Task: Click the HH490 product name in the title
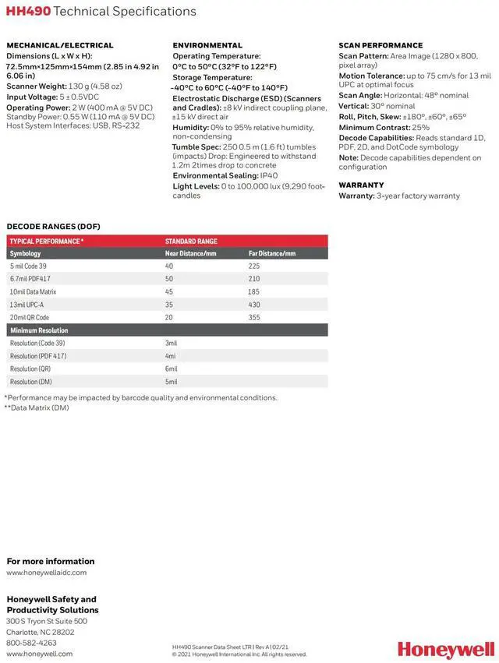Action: (27, 12)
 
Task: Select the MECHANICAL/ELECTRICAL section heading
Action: (60, 45)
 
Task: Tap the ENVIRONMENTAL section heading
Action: (207, 45)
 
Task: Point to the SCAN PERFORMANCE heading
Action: (380, 45)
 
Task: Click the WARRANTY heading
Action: (361, 185)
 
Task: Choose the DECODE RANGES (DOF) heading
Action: (53, 227)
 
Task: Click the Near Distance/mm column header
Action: (190, 254)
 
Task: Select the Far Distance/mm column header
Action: (272, 254)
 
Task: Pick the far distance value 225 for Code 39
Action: (254, 266)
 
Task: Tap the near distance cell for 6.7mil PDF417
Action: (169, 279)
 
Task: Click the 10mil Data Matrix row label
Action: (33, 291)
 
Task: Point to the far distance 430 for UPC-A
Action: (254, 305)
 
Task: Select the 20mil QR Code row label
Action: (30, 317)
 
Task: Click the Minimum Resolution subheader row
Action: (39, 330)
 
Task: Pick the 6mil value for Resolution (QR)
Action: (172, 369)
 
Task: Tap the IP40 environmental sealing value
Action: (269, 175)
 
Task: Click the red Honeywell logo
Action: (445, 650)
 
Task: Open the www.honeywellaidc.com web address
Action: (47, 573)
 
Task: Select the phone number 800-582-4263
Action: (31, 643)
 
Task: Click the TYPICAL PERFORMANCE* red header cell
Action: (47, 242)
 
